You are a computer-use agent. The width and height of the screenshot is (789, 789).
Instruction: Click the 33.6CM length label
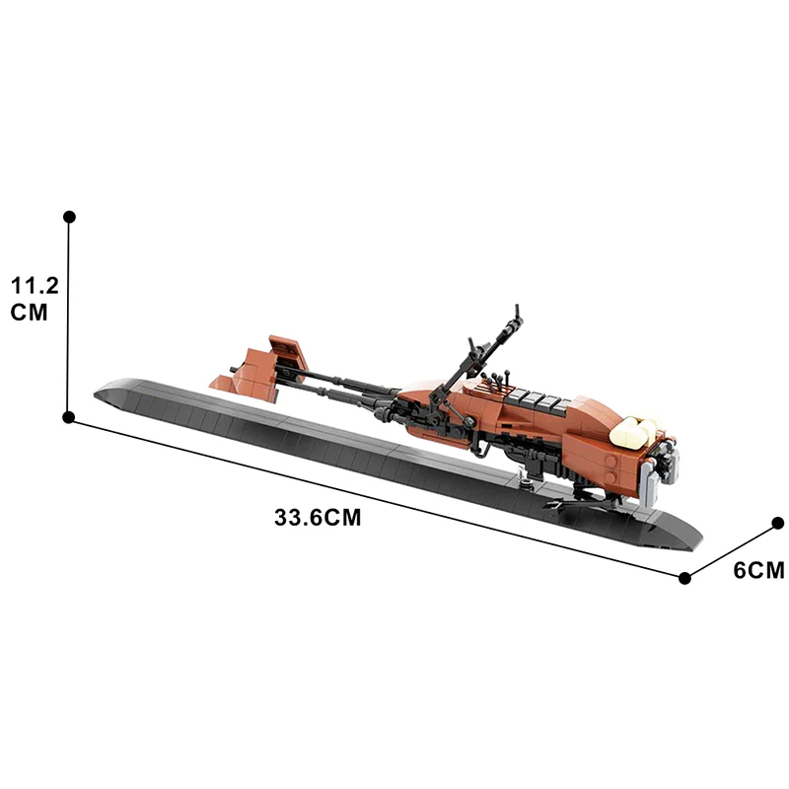tap(318, 518)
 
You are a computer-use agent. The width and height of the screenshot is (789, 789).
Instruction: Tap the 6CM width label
tap(758, 569)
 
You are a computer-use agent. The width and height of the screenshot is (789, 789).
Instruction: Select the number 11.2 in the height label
tap(35, 286)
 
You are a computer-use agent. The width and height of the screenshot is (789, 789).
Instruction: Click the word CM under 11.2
tap(31, 312)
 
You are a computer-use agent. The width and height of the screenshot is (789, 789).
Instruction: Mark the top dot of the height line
tap(69, 216)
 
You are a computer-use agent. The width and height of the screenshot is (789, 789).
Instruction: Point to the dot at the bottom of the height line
tap(69, 417)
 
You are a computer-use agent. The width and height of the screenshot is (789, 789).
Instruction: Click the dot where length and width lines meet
tap(685, 577)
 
